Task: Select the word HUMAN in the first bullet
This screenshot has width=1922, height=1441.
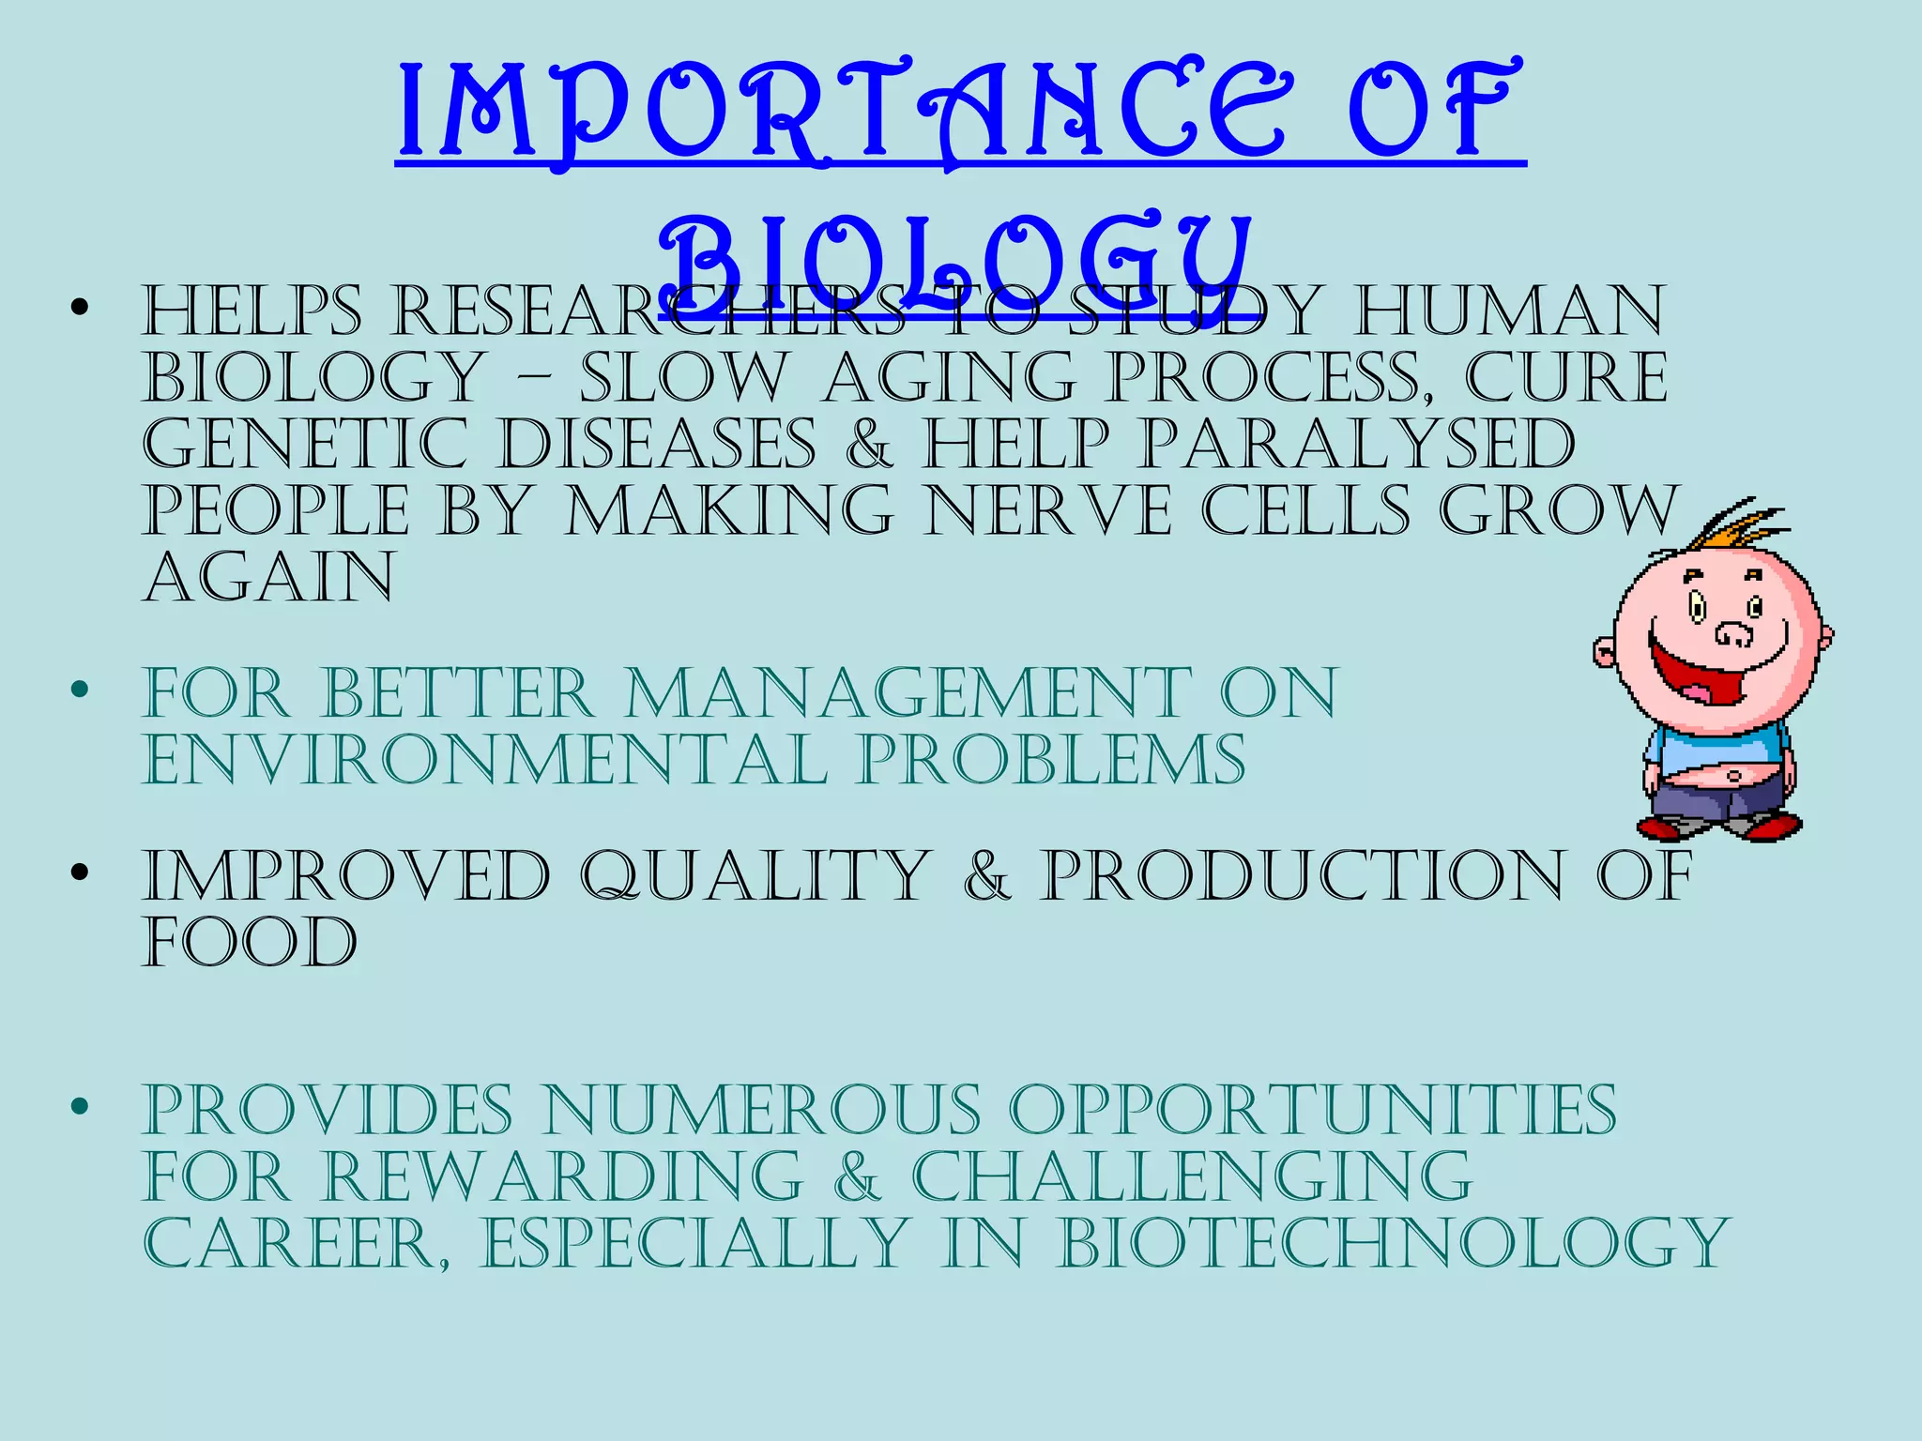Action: pos(1508,311)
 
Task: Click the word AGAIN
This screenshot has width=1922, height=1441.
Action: pos(269,578)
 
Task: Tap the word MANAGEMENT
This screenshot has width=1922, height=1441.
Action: pos(908,694)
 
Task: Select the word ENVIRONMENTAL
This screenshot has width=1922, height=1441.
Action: pos(485,760)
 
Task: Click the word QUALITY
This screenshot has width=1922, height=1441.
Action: pos(755,876)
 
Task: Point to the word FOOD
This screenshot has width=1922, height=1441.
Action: pos(251,942)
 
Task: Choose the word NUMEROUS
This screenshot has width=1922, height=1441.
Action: pos(762,1111)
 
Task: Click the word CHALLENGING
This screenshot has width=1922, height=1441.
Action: pos(1192,1176)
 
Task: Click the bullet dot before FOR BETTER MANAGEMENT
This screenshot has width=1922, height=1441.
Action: pos(80,690)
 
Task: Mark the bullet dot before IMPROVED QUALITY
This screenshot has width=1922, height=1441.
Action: pos(80,872)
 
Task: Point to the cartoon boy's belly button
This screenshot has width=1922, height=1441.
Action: pos(1732,777)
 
